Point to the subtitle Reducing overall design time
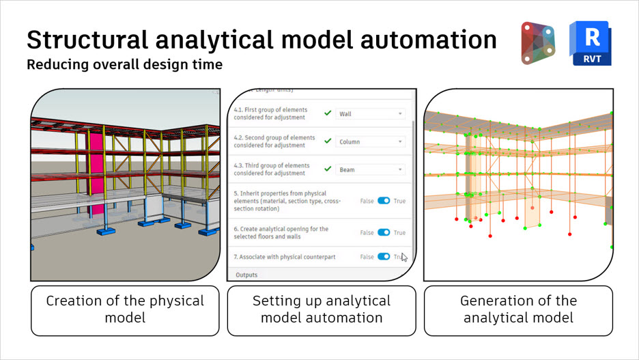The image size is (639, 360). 124,66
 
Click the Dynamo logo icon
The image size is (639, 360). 537,43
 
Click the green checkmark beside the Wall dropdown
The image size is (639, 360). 328,114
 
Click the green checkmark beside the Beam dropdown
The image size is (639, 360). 328,169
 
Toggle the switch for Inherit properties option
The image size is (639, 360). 384,201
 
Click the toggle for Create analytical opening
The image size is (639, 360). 384,232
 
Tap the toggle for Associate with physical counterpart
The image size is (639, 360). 384,256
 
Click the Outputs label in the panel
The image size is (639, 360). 247,275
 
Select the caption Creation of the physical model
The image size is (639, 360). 125,309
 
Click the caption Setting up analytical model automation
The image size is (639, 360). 322,309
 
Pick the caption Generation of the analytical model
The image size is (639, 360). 518,309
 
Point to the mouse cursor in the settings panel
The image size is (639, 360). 404,257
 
